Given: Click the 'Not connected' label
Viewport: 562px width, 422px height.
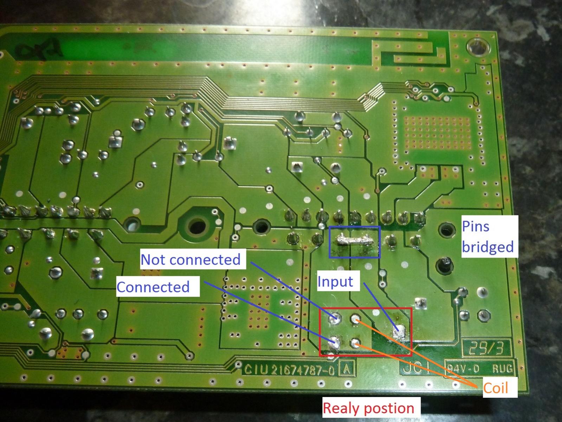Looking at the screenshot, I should tap(190, 260).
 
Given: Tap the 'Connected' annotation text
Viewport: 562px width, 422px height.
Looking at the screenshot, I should tap(153, 287).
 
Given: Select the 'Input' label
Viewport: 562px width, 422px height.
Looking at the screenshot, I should tap(335, 282).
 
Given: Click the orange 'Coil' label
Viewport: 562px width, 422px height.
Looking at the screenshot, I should tap(496, 388).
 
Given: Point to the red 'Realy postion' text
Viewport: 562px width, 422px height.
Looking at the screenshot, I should tap(368, 408).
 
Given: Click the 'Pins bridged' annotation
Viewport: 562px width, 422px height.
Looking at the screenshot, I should tap(487, 237).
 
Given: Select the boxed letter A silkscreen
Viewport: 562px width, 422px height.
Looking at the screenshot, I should tap(347, 369).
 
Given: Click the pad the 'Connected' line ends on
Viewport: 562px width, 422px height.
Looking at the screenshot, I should tap(334, 341).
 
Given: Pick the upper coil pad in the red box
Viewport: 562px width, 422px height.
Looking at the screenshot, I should tap(355, 319).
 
